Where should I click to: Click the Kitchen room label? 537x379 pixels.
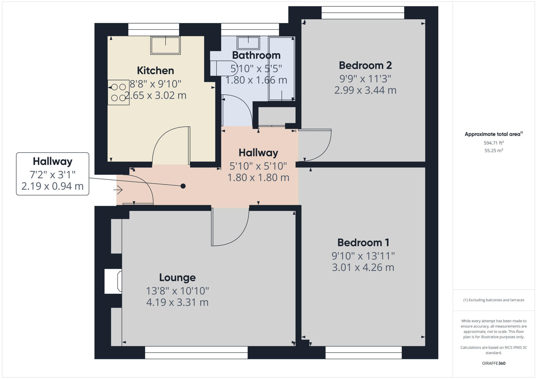(x=155, y=70)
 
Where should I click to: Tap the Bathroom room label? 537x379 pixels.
(x=256, y=55)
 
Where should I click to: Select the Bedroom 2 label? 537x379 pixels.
(x=365, y=65)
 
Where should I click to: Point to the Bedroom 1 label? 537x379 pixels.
(x=363, y=243)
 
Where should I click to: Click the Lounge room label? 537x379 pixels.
(x=177, y=277)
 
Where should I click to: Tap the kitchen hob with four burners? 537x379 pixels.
(x=118, y=92)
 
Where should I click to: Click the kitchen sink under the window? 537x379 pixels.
(x=165, y=45)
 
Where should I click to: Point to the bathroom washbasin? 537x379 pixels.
(x=248, y=43)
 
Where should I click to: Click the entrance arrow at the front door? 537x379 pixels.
(x=118, y=190)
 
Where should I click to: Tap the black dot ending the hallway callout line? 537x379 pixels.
(x=183, y=186)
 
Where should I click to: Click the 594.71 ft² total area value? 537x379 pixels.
(x=494, y=143)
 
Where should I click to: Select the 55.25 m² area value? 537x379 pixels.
(x=494, y=151)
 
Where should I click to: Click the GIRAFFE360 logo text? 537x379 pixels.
(x=494, y=363)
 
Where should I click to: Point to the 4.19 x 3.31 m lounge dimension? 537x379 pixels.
(x=177, y=302)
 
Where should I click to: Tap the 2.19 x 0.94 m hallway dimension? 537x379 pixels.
(x=52, y=186)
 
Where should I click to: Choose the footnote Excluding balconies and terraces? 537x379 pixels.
(x=494, y=300)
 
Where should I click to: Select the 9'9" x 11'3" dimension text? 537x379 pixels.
(x=365, y=79)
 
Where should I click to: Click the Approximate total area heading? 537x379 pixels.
(x=493, y=134)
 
